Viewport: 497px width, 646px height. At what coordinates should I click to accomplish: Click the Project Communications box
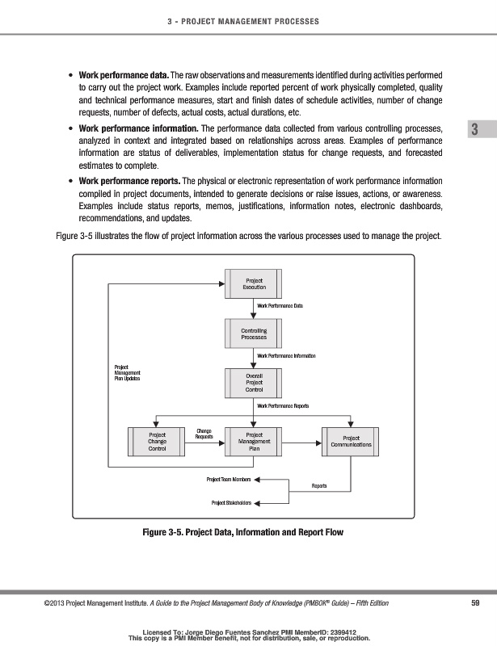[351, 441]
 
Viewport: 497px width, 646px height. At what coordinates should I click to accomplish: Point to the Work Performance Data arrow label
[280, 306]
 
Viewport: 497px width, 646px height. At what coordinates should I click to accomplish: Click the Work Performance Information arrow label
[285, 355]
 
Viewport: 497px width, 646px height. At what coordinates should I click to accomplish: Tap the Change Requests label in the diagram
[204, 434]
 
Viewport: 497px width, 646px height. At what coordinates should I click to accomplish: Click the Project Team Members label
[229, 480]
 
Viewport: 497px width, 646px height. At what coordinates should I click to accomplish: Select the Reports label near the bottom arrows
[318, 485]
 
